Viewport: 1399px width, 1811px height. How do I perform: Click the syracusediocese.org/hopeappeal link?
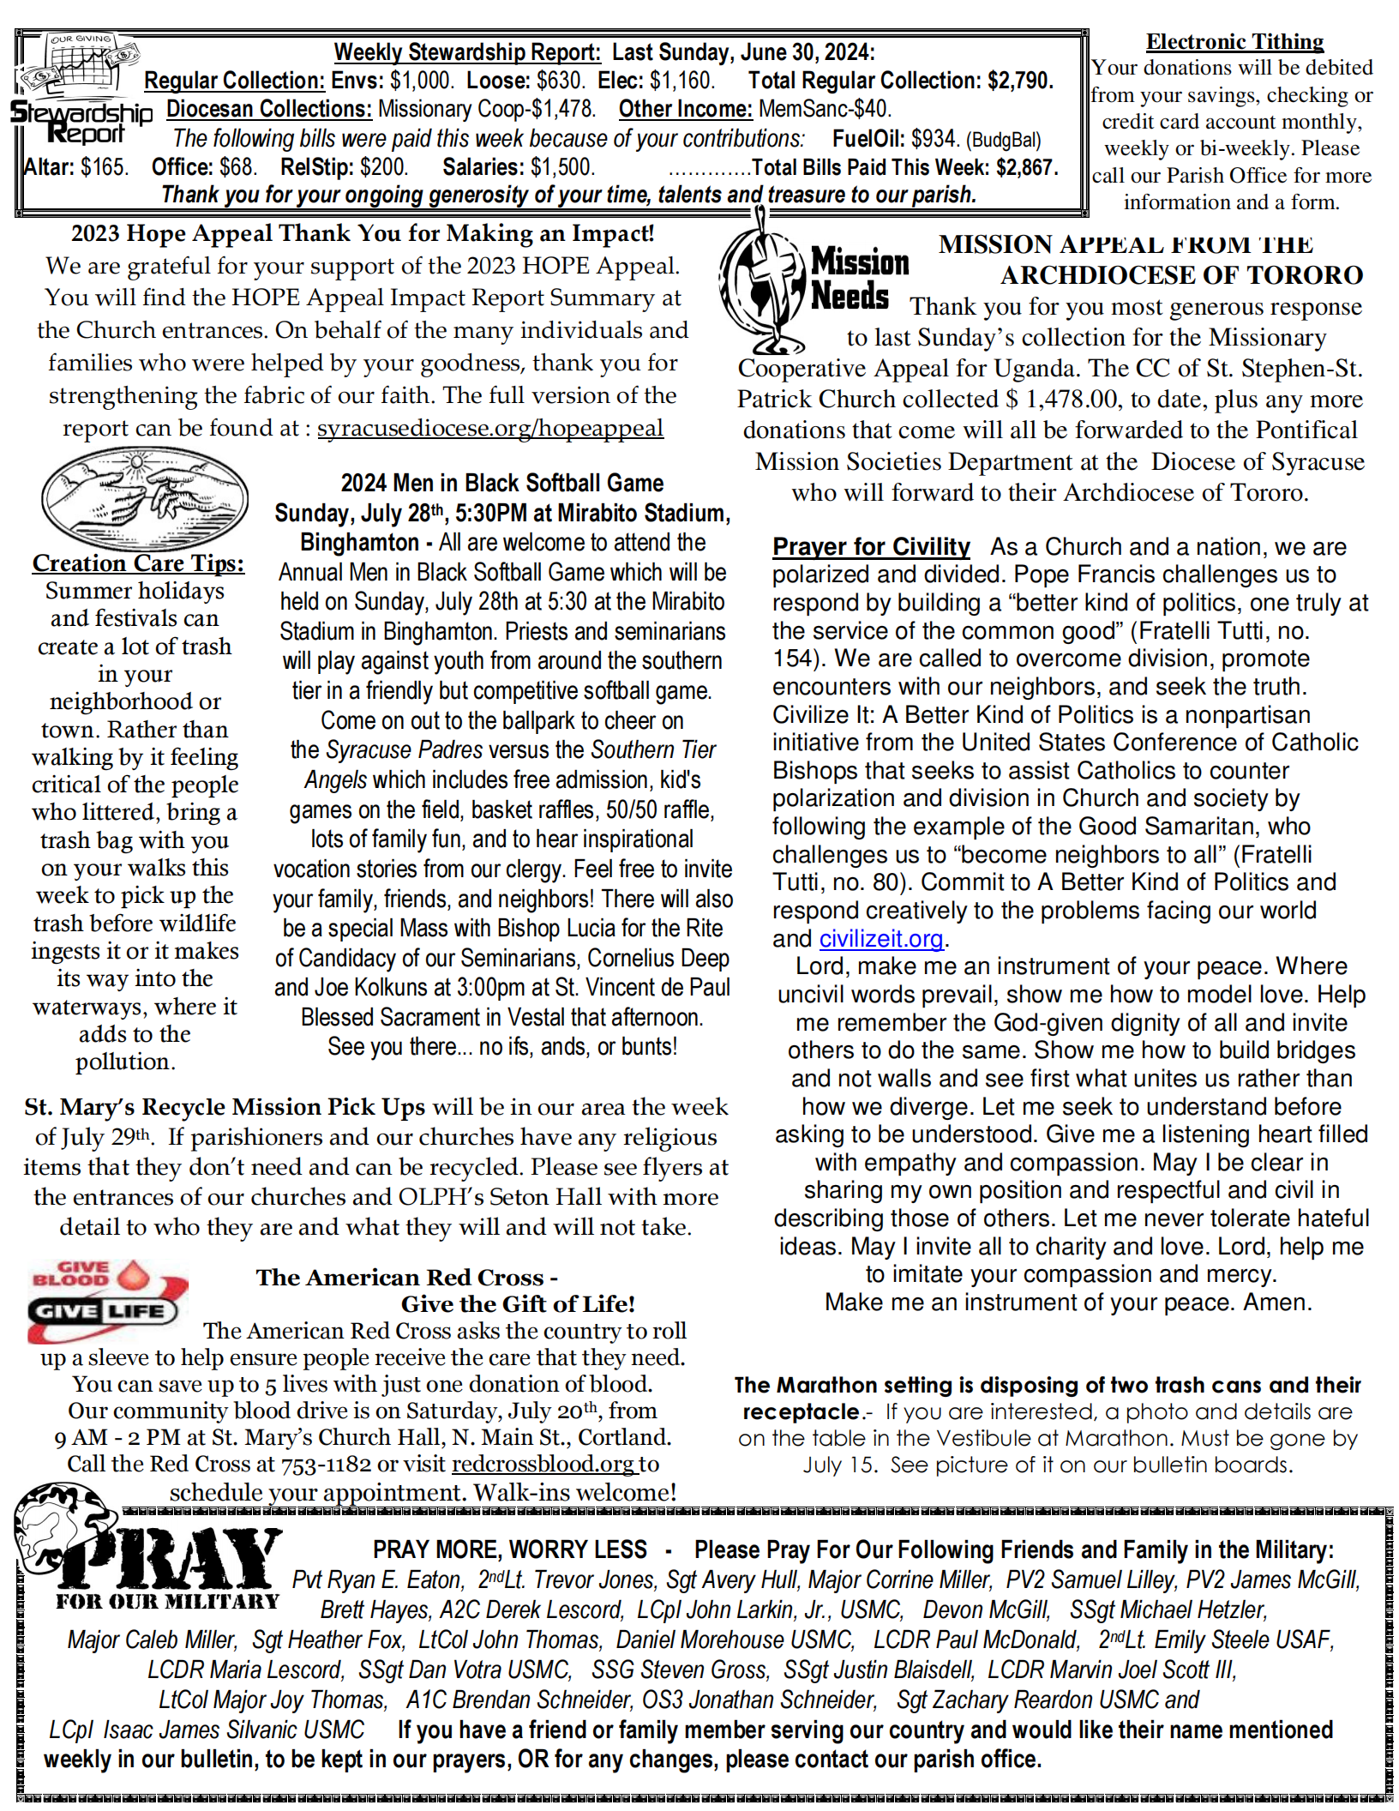pos(490,428)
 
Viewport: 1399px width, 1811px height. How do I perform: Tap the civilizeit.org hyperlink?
pos(881,939)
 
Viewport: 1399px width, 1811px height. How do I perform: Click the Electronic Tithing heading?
pos(1234,41)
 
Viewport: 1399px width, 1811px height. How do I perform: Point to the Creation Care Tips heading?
pos(138,563)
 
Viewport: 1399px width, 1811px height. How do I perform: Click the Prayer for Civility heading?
pos(871,546)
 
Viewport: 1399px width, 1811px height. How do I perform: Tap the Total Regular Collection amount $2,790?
pos(1020,81)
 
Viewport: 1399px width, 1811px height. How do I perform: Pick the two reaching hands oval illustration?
pos(145,498)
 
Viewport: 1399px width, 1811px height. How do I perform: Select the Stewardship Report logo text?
pos(81,122)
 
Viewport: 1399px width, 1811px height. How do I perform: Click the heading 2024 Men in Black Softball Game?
pos(502,483)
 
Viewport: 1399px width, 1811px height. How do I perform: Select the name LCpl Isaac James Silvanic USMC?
pos(207,1730)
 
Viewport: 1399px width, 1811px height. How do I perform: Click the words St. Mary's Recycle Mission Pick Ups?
pos(225,1107)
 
